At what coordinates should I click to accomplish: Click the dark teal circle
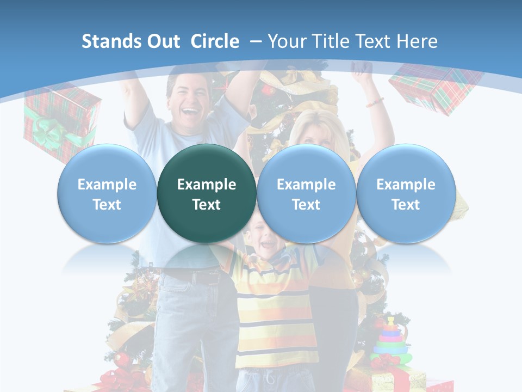207,193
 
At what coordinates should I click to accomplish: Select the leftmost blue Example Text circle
107,193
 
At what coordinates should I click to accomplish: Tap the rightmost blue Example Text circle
406,193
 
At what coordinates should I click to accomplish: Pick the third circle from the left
306,193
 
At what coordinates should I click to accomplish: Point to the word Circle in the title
215,41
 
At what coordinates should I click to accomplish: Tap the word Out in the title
161,41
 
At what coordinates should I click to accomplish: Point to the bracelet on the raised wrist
374,102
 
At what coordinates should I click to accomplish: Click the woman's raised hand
361,69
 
